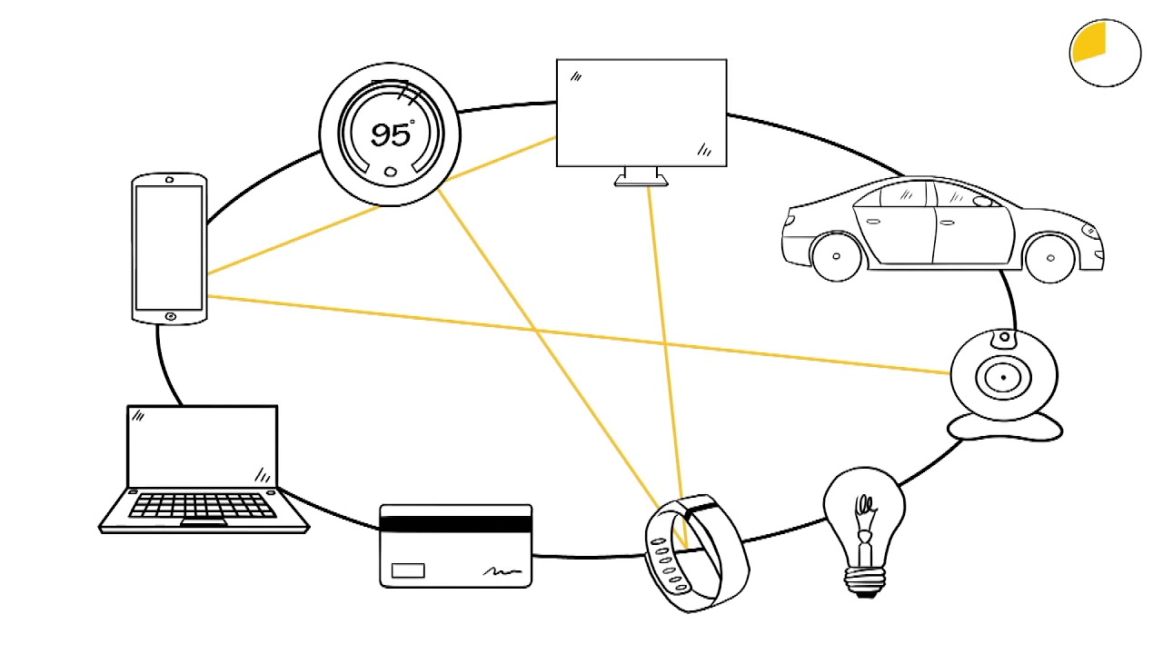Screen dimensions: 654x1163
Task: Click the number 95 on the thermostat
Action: [390, 134]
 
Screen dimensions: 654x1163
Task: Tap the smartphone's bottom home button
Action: [171, 316]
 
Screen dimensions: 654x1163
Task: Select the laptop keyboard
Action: [202, 505]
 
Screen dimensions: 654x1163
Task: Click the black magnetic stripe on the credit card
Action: [455, 523]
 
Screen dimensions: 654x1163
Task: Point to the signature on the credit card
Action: [502, 571]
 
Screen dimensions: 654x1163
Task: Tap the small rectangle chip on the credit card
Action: [407, 570]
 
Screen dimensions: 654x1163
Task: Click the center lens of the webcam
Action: [1003, 376]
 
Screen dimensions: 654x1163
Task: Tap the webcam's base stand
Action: [1004, 428]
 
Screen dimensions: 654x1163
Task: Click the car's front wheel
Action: [1050, 257]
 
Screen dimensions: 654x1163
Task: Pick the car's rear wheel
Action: [836, 256]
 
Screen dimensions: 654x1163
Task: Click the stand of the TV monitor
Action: [641, 177]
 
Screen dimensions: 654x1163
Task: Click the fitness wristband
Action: [696, 553]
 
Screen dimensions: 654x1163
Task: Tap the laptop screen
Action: [202, 446]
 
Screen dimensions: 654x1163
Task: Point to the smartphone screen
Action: [169, 247]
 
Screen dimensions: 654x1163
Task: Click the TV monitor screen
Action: [641, 113]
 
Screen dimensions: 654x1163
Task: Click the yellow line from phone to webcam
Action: [581, 334]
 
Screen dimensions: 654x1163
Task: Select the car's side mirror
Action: [981, 202]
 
